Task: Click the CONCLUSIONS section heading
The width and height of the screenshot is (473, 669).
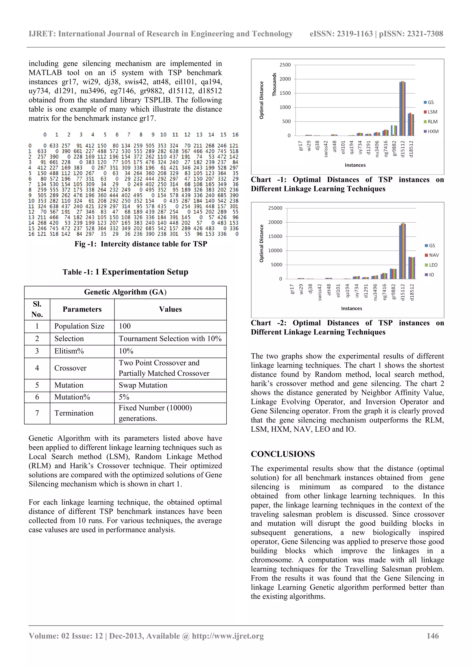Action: (282, 454)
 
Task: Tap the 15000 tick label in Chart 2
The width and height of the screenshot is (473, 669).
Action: (275, 236)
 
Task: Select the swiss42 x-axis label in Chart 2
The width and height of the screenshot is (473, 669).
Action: (320, 292)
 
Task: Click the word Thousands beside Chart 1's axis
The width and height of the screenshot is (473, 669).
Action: (274, 85)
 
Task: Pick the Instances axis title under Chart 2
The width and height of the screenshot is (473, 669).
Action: (351, 308)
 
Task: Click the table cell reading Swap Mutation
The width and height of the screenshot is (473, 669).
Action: (143, 385)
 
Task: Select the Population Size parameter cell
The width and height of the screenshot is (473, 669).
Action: (79, 326)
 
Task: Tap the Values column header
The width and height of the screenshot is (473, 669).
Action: (170, 309)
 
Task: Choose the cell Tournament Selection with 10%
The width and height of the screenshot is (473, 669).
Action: (170, 339)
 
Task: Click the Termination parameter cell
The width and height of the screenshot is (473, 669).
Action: (74, 413)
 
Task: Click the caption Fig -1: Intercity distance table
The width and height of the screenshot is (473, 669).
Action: (140, 244)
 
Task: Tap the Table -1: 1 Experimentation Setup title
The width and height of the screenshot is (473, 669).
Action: (125, 272)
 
